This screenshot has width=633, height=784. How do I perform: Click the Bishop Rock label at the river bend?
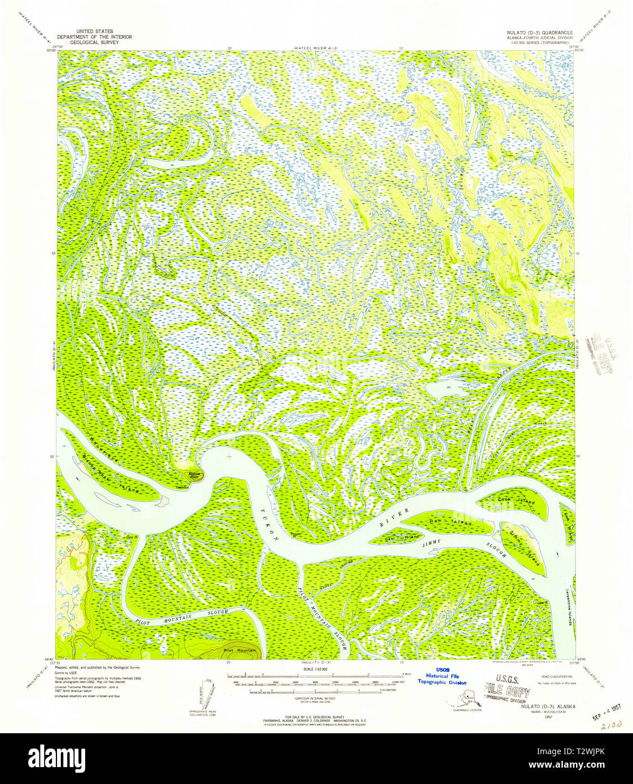(x=195, y=475)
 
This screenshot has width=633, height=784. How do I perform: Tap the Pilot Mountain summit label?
(x=236, y=650)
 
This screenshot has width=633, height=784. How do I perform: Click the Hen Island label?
(x=445, y=522)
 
